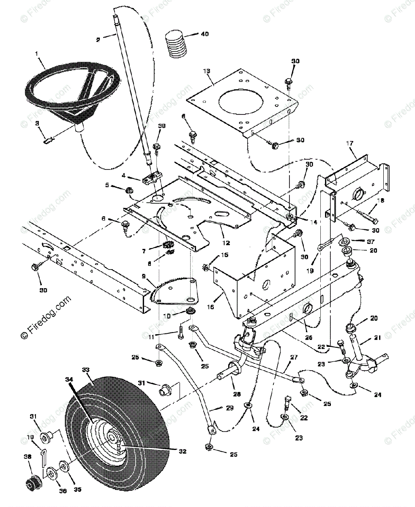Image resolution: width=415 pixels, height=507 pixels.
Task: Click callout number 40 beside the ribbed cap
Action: pyautogui.click(x=204, y=34)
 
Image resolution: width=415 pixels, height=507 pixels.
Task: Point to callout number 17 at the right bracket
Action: pyautogui.click(x=349, y=144)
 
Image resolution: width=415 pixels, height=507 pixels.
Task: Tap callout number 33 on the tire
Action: pyautogui.click(x=86, y=370)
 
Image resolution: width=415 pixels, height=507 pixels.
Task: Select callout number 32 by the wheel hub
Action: pyautogui.click(x=182, y=451)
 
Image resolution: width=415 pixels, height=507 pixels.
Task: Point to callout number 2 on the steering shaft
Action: pyautogui.click(x=98, y=40)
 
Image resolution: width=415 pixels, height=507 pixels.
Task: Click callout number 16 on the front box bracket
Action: pyautogui.click(x=211, y=307)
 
